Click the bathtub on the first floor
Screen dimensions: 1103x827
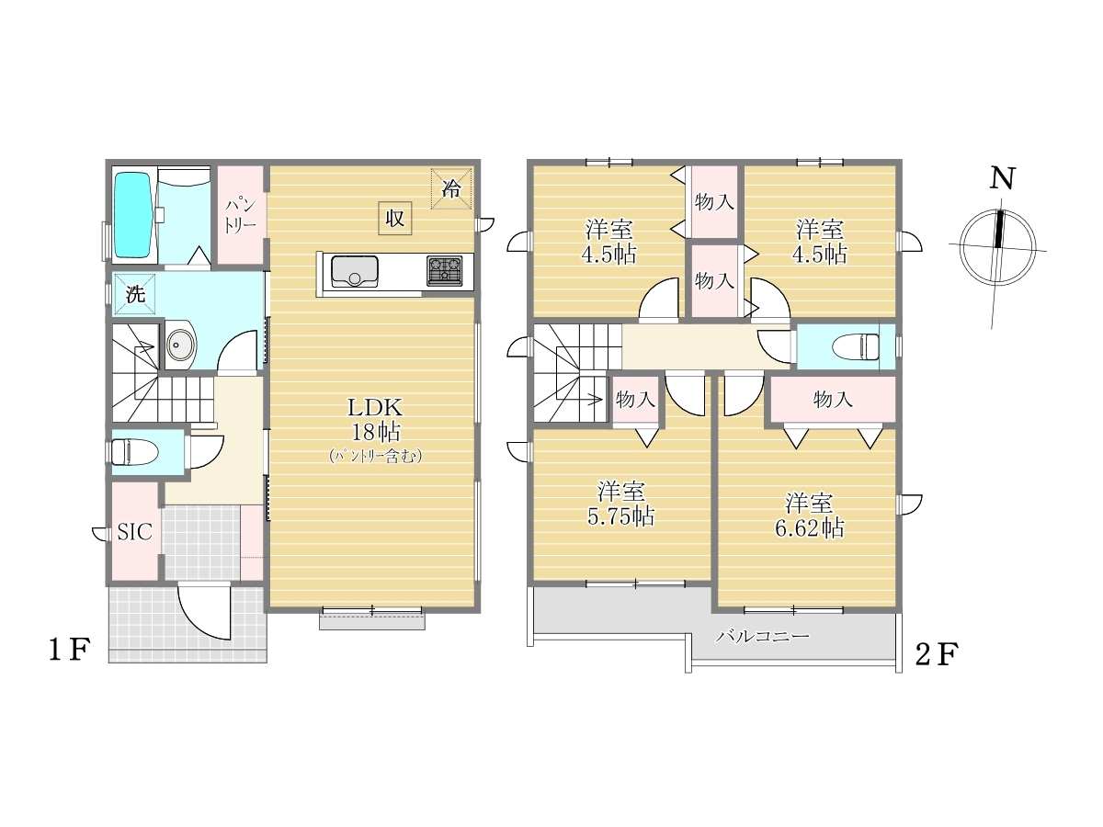132,215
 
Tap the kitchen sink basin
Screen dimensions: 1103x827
354,271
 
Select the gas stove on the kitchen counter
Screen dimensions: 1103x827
444,271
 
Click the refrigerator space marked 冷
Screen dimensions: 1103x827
451,188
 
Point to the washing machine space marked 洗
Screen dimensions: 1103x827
135,294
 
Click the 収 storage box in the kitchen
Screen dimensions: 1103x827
395,218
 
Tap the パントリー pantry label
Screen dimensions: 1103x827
240,216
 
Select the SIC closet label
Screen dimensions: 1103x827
135,532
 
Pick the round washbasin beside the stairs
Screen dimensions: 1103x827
180,345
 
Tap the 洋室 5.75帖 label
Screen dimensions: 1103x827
621,504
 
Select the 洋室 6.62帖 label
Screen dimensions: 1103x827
810,515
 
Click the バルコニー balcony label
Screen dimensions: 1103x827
763,637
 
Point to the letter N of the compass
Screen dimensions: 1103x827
1002,178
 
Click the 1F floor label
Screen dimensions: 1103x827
70,650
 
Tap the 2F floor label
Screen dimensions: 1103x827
937,654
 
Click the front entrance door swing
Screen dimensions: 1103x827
204,611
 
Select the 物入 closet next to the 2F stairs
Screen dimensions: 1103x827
635,400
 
